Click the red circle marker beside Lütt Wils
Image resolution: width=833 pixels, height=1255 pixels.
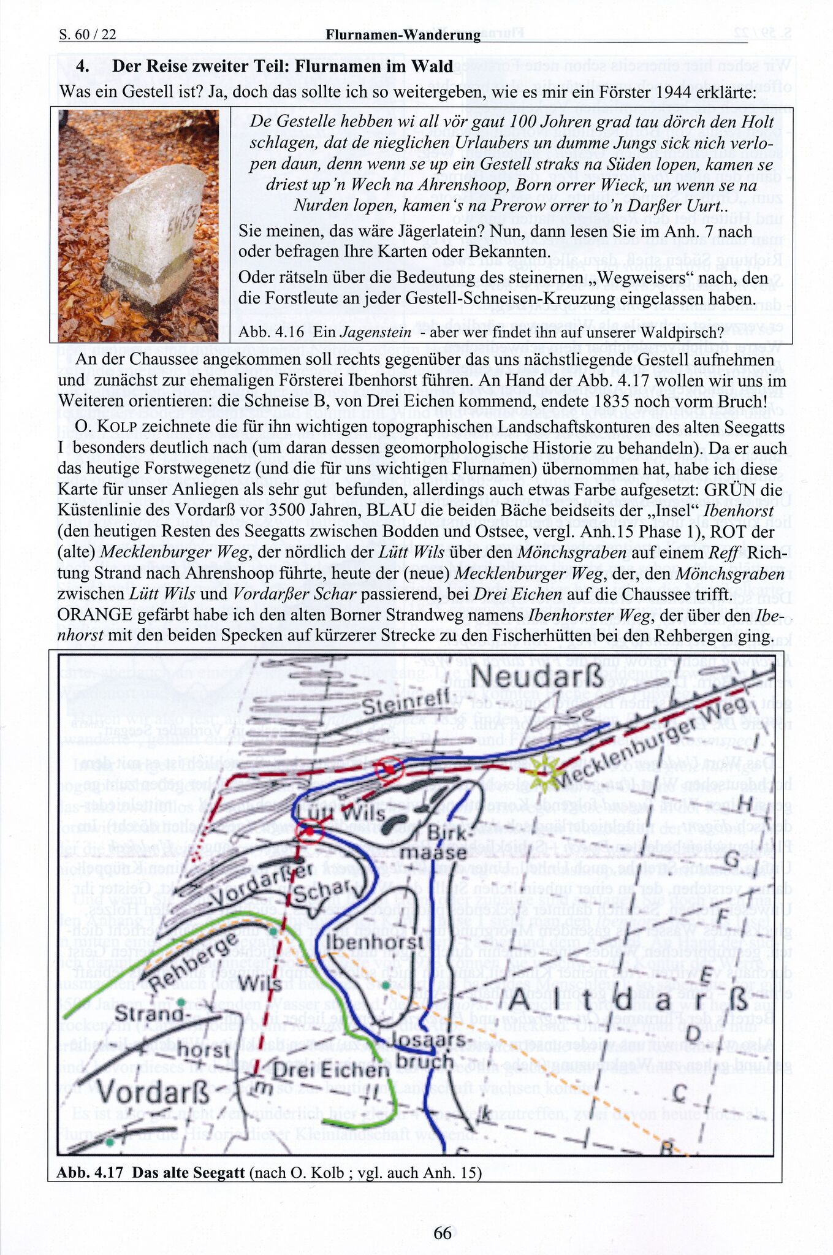pos(310,831)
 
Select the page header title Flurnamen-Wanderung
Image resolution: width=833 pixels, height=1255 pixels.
pos(403,35)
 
